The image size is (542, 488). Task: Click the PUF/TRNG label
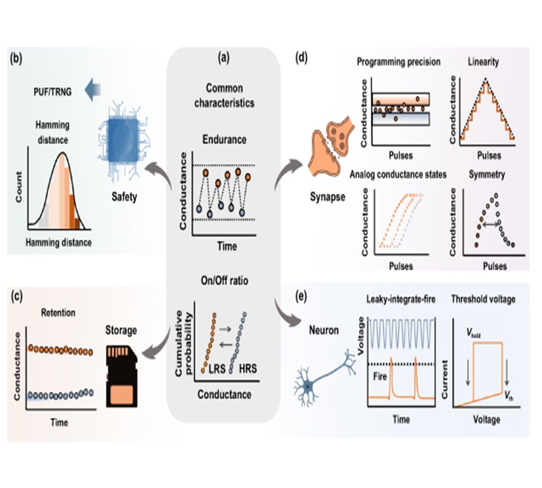point(52,92)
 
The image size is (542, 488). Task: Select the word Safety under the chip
point(124,197)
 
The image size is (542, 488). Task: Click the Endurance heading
point(224,140)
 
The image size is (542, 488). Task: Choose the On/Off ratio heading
point(224,281)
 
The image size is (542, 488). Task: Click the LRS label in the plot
point(217,368)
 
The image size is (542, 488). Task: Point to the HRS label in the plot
point(248,368)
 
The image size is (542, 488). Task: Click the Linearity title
point(483,62)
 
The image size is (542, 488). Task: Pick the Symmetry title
point(487,174)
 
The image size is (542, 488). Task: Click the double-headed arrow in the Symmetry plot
point(490,223)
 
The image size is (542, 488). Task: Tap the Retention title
point(58,313)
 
